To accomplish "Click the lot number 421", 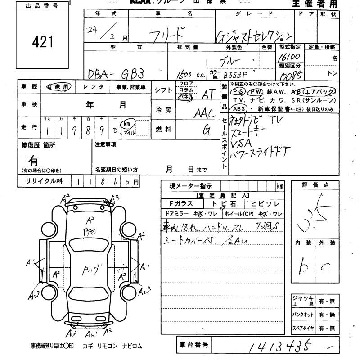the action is click(43, 42).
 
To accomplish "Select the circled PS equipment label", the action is click(237, 91).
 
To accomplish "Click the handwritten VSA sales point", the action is click(241, 144).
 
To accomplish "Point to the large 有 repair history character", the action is click(34, 160).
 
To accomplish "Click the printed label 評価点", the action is click(321, 184).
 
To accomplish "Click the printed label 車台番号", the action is click(193, 346).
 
